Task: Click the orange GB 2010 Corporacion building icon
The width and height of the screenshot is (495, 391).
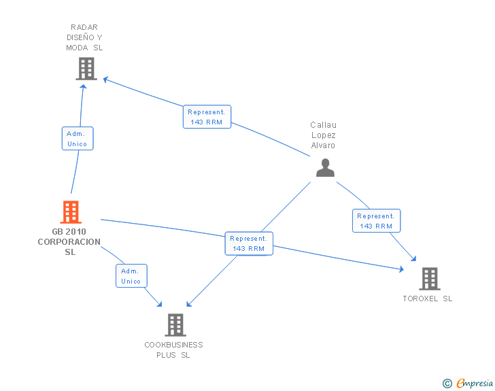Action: (71, 212)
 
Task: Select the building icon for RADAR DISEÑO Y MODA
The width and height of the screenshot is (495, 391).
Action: (86, 69)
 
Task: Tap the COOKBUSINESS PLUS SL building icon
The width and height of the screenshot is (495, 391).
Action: (175, 324)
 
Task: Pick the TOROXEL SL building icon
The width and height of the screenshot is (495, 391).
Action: (429, 278)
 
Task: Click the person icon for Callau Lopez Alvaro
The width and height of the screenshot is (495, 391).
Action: (325, 167)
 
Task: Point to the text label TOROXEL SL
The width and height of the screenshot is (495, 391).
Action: (427, 299)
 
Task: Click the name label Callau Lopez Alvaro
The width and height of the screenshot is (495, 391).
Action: (324, 135)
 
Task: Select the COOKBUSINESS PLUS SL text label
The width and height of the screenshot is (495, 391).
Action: (173, 350)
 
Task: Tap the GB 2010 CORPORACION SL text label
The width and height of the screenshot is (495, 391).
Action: (69, 242)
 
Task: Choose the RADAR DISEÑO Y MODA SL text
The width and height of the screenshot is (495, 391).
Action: (85, 37)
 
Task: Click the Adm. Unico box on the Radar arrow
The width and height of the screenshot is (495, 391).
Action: (77, 139)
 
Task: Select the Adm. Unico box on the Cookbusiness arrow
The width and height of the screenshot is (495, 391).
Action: (131, 275)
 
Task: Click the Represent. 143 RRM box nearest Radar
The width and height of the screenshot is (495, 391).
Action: (207, 117)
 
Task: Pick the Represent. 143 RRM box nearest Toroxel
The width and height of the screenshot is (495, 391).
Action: (376, 220)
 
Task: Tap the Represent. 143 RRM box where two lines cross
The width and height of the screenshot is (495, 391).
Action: (248, 243)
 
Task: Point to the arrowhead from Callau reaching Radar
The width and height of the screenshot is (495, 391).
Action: (106, 80)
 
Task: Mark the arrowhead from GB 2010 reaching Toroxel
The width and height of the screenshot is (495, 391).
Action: (400, 269)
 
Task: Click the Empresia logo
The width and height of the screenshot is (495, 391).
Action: (475, 384)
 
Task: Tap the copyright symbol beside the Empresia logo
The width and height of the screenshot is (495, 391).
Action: (447, 384)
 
